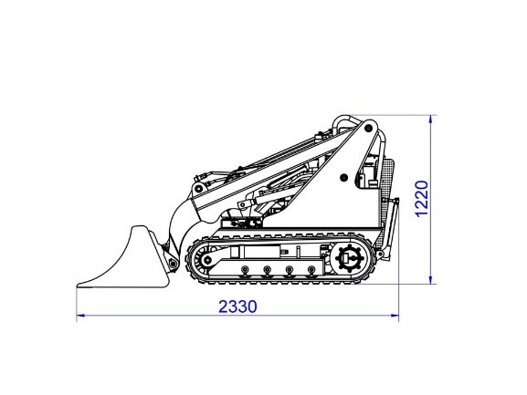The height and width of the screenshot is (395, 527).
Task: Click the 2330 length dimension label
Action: coord(238,307)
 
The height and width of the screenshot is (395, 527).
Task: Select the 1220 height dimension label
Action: coord(422,199)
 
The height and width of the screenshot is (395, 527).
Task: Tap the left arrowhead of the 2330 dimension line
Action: coord(80,316)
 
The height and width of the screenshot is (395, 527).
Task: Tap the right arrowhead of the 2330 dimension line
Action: coord(395,316)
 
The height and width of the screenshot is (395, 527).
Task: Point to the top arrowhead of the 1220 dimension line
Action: coord(431,119)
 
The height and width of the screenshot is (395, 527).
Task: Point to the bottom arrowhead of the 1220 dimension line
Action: coord(431,280)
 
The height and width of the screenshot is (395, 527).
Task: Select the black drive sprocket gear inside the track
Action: coord(350,259)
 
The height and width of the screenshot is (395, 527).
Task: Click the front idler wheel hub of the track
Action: coord(208,260)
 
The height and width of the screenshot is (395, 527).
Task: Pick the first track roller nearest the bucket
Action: coord(246,269)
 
